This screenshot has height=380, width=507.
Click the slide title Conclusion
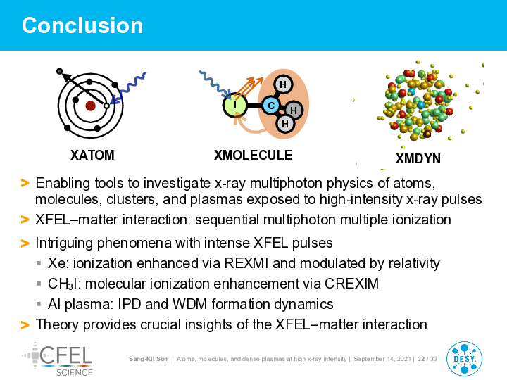point(82,25)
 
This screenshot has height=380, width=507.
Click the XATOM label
point(92,155)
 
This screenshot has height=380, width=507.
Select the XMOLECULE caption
point(254,155)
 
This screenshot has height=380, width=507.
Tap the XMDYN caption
point(418,158)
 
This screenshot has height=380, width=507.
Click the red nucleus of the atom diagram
point(90,106)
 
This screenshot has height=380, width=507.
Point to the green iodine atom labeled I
point(235,106)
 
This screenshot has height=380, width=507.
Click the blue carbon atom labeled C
point(271,106)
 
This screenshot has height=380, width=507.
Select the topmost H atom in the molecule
point(283,84)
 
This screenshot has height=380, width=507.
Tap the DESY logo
point(464,359)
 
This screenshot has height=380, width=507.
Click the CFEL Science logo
point(58,360)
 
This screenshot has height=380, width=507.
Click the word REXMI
point(246,263)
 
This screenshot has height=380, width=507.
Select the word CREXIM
point(351,284)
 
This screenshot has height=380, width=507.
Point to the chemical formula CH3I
point(64,284)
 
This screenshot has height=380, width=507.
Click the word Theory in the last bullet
point(57,324)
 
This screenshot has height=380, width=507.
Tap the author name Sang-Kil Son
point(148,359)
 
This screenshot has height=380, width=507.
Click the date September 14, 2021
point(382,359)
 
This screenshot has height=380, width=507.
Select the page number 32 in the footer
point(421,359)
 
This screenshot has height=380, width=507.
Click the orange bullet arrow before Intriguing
point(25,243)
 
